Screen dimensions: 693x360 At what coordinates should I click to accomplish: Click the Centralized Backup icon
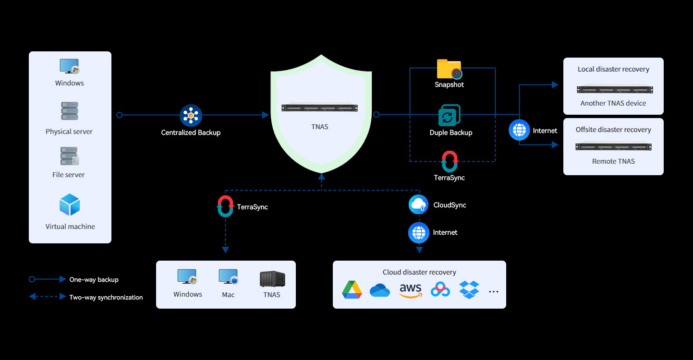(x=191, y=115)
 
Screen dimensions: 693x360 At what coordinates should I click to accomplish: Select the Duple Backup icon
(x=450, y=115)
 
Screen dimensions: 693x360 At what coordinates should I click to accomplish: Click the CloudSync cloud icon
(x=419, y=204)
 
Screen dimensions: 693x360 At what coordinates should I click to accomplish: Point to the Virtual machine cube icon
(x=70, y=204)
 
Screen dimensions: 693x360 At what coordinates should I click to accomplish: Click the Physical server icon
(x=70, y=111)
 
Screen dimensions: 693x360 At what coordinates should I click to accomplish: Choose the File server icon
(x=69, y=156)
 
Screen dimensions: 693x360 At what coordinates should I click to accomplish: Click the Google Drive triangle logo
(x=352, y=290)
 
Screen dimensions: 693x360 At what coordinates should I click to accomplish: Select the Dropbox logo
(x=469, y=290)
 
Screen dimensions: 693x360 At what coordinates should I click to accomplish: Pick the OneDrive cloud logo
(x=380, y=290)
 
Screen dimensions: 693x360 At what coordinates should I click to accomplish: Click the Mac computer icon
(x=228, y=276)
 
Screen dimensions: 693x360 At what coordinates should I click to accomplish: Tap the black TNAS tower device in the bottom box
(x=272, y=279)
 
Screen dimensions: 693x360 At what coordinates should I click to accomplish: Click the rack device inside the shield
(x=319, y=108)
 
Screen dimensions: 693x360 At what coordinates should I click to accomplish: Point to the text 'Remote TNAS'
(x=613, y=161)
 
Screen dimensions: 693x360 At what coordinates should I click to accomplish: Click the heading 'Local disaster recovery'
(x=613, y=69)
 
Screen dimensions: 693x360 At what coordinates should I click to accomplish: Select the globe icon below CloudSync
(x=419, y=233)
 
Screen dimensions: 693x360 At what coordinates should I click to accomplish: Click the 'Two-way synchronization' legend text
(x=106, y=297)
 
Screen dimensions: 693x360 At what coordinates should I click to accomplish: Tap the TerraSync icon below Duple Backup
(x=450, y=161)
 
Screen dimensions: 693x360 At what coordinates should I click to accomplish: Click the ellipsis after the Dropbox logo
(x=493, y=292)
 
